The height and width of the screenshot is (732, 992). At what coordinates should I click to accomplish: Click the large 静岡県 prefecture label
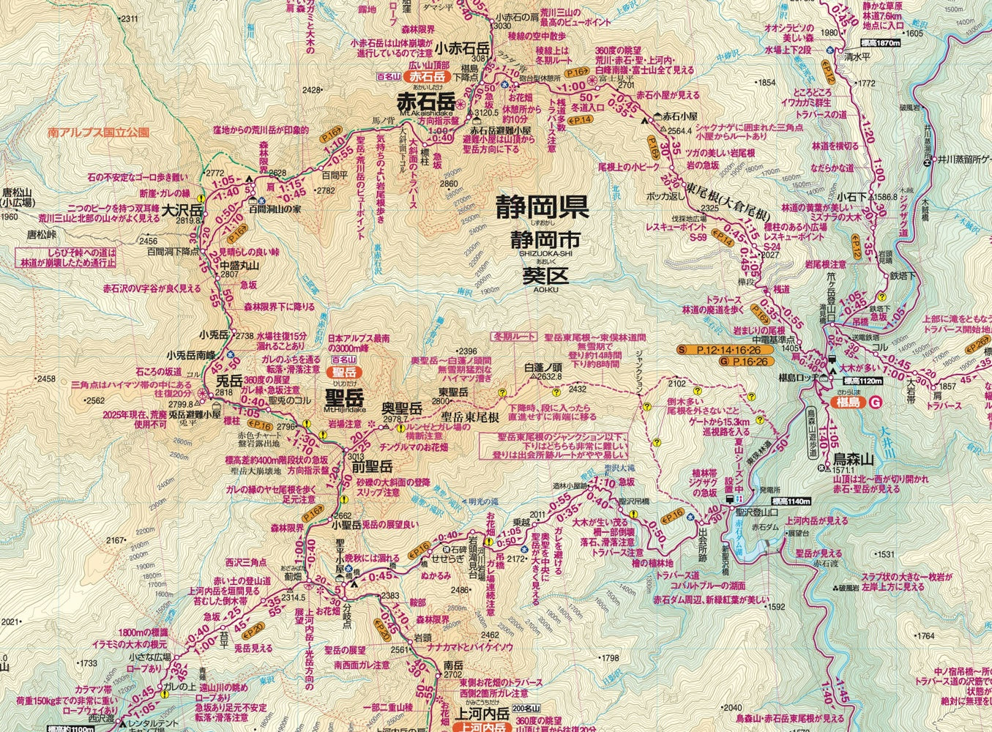(541, 207)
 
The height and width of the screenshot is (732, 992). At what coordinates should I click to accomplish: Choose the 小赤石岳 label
(461, 48)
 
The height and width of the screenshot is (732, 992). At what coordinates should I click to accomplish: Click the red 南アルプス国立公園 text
(98, 133)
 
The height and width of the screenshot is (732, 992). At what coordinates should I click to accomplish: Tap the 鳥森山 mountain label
(854, 460)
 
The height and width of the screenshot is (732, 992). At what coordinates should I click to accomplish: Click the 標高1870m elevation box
(879, 44)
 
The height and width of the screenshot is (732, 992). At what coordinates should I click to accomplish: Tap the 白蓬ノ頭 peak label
(542, 367)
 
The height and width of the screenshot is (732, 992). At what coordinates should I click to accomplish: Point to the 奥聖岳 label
(402, 408)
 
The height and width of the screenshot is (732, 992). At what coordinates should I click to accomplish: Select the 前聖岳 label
(372, 466)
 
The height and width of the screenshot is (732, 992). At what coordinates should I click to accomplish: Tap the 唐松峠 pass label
(41, 235)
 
